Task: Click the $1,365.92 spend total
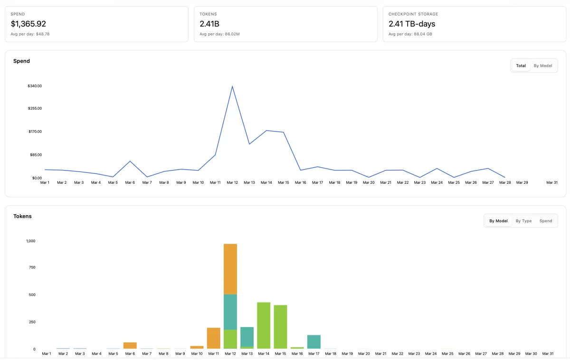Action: tap(28, 24)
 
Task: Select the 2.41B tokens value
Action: tap(209, 24)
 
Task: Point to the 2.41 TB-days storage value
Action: tap(412, 24)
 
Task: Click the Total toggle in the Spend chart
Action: tap(521, 66)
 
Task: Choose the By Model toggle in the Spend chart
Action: tap(543, 66)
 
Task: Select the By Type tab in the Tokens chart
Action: tap(523, 221)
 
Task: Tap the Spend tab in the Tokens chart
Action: tap(546, 221)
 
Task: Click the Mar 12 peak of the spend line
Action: tap(232, 86)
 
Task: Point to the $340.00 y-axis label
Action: tap(35, 86)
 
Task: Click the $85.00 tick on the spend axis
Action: tap(35, 155)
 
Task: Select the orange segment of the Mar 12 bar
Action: tap(230, 269)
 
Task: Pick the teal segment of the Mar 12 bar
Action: tap(230, 312)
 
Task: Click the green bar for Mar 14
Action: tap(264, 325)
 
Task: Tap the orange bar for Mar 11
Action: tap(214, 338)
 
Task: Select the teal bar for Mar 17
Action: tap(314, 341)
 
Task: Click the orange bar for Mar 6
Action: tap(130, 345)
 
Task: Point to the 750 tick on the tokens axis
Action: tap(31, 267)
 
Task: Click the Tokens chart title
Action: tap(23, 216)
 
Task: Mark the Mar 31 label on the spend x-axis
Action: tap(552, 182)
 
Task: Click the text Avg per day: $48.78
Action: tap(30, 34)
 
